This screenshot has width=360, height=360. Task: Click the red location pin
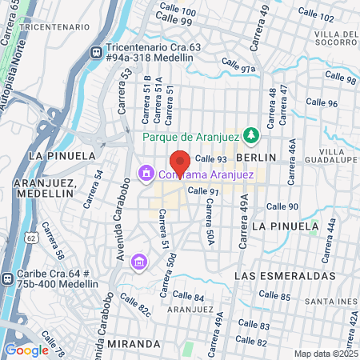(x=180, y=160)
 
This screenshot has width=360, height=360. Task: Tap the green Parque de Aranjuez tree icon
(x=250, y=135)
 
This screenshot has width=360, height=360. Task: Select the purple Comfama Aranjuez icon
(x=146, y=173)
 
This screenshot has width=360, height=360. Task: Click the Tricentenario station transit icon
(x=96, y=51)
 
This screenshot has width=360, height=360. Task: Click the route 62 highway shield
(x=30, y=238)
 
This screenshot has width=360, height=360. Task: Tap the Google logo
(x=26, y=350)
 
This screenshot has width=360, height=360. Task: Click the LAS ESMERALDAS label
(x=285, y=275)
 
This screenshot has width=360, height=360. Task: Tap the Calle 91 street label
(x=203, y=192)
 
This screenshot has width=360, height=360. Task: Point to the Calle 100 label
(x=177, y=9)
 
